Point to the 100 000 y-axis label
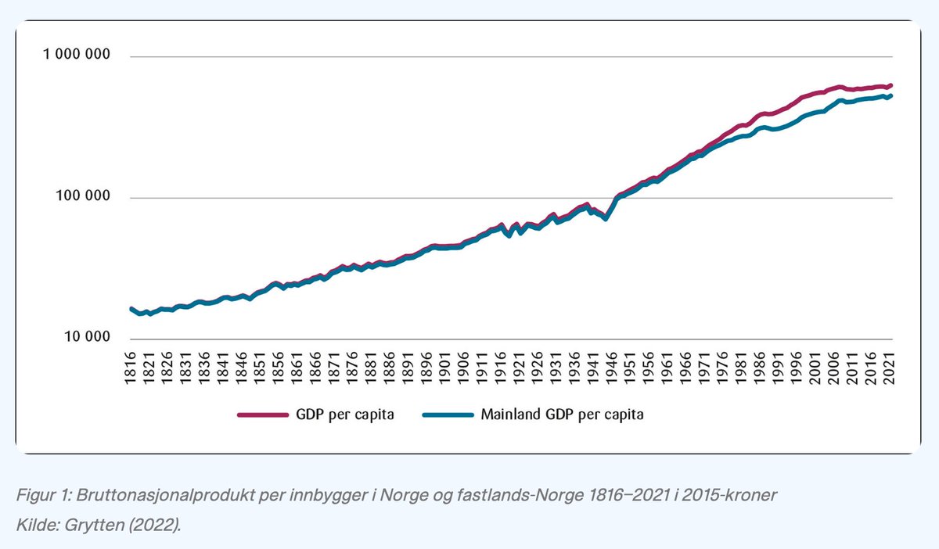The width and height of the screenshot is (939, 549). pos(81,197)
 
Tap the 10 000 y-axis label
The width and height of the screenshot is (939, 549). pos(85,338)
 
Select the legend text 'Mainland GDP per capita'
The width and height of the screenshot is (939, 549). pos(562,414)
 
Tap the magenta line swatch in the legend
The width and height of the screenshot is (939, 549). pos(263,415)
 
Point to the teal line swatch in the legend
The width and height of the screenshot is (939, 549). pos(448,415)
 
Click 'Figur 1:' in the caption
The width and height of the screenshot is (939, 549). pos(41,498)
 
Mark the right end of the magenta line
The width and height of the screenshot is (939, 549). pos(891,84)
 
